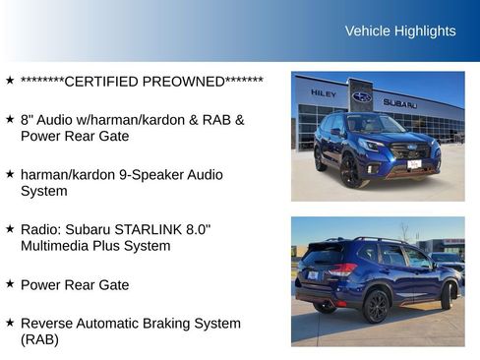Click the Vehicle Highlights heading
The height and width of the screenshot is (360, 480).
click(x=400, y=30)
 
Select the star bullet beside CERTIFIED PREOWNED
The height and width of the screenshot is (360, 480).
click(x=10, y=80)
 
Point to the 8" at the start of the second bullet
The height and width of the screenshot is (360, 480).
click(x=27, y=119)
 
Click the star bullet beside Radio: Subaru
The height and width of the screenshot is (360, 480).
click(x=10, y=228)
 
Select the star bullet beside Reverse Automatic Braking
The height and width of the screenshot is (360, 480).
click(x=10, y=322)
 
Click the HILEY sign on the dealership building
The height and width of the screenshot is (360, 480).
click(x=324, y=93)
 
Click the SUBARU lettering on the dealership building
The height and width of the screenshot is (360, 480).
click(x=399, y=102)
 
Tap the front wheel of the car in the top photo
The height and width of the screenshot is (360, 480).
click(x=349, y=171)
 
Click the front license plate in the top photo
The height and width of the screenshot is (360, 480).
click(x=414, y=164)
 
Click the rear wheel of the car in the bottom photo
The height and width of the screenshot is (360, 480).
click(x=377, y=305)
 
